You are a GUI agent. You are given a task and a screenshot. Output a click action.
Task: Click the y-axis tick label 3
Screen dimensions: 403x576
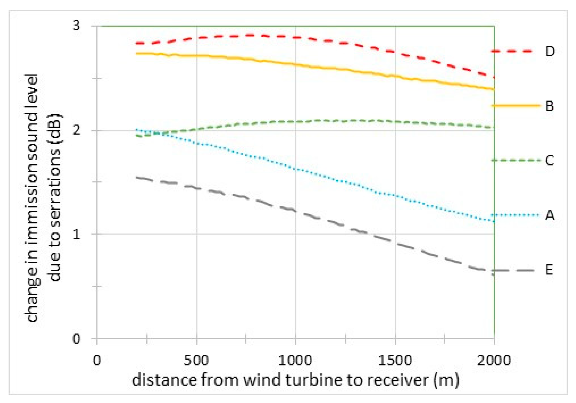coord(77,25)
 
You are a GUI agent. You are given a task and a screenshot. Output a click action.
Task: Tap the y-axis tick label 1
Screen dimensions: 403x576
coord(77,234)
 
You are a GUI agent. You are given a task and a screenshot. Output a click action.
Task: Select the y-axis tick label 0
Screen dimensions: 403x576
coord(77,339)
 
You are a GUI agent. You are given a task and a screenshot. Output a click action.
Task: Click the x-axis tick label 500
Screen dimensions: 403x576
coord(196,361)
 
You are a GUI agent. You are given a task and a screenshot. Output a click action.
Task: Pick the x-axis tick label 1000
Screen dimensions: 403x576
coord(295,361)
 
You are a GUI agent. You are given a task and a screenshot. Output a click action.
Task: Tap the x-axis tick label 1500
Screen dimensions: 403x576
coord(395,361)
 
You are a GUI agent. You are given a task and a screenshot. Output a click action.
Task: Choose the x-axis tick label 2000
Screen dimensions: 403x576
coord(494,361)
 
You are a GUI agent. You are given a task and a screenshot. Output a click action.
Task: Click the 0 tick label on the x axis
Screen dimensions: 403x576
coord(97,361)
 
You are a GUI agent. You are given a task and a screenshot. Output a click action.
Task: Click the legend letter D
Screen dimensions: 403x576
coord(550,52)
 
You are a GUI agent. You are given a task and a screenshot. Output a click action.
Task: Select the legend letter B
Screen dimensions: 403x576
coord(550,106)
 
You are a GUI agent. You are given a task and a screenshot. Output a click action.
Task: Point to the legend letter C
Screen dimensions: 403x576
coord(550,160)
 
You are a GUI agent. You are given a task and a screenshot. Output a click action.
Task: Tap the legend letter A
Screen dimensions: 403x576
coord(550,215)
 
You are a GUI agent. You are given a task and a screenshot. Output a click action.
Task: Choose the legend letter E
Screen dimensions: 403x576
coord(550,270)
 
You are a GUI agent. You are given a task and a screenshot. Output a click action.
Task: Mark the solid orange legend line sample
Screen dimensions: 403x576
coord(515,106)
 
